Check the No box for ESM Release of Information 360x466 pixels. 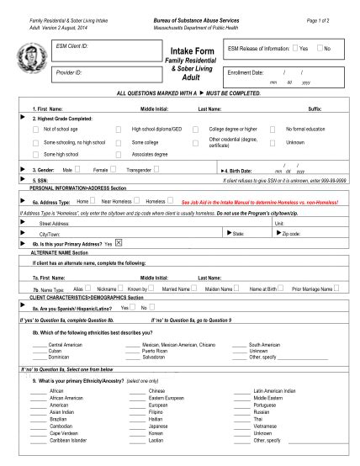[320, 49]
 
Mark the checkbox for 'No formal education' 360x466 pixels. [273, 130]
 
